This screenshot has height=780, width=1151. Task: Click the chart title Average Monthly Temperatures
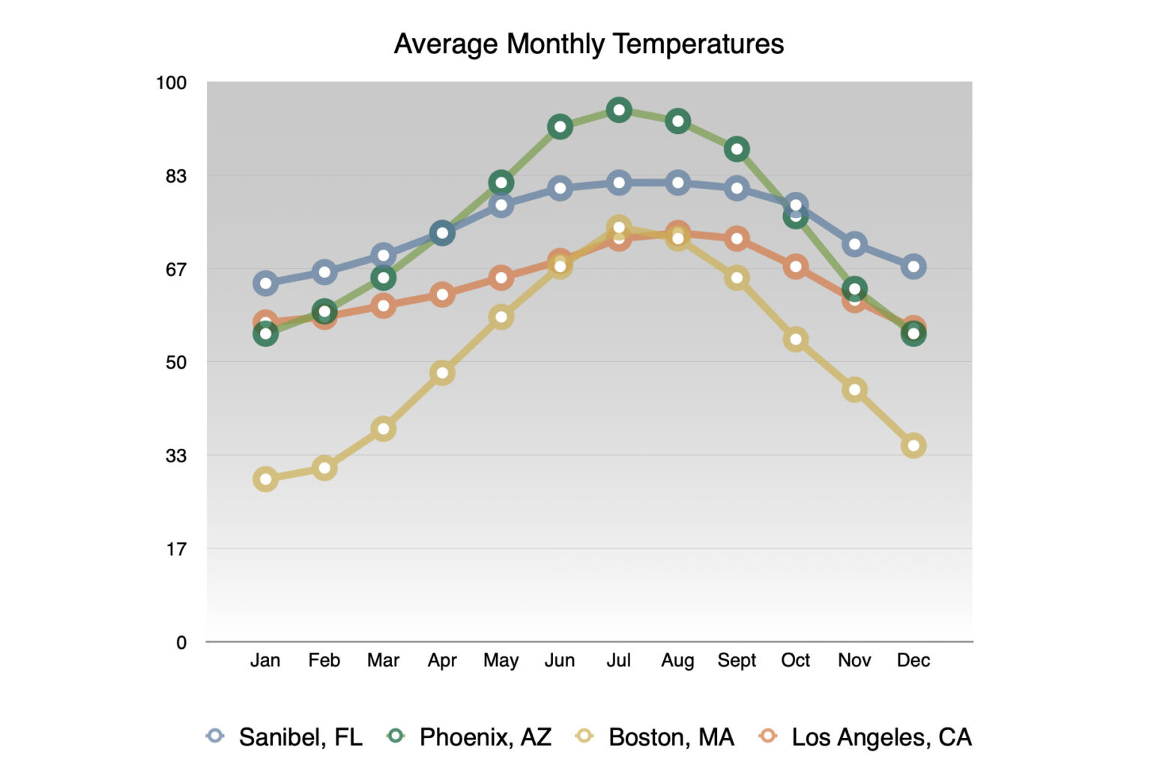(588, 44)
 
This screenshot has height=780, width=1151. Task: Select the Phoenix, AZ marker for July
(619, 110)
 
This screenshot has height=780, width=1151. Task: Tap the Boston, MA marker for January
(265, 479)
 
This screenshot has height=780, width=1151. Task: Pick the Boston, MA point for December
(913, 446)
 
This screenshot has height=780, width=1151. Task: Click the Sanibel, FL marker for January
(265, 283)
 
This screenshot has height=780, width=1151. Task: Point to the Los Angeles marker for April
(442, 294)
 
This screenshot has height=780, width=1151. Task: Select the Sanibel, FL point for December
(913, 267)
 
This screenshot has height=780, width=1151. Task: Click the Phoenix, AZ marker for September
(737, 150)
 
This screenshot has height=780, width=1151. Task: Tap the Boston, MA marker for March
(383, 429)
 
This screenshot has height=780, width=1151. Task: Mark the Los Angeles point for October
(796, 267)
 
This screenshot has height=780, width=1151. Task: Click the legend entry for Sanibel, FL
(285, 737)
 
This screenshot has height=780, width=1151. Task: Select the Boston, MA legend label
(656, 737)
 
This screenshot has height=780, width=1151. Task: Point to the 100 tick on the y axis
(171, 82)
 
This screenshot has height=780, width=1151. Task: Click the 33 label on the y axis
(175, 456)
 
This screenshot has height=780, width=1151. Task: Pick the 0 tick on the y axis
(181, 642)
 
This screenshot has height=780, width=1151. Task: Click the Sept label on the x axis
(737, 660)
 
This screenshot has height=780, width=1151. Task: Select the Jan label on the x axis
(265, 660)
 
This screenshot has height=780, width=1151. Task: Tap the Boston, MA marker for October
(796, 339)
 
